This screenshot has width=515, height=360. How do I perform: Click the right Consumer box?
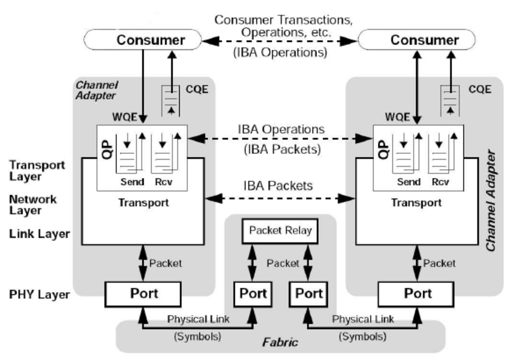pos(424,41)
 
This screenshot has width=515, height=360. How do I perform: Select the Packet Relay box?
pos(280,231)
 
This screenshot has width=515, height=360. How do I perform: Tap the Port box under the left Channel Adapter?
pos(144,293)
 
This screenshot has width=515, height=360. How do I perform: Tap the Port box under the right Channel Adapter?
pos(417,293)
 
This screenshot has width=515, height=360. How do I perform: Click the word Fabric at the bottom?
pos(280,342)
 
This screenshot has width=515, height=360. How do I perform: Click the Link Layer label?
pos(39,234)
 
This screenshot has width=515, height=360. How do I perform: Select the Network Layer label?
pos(33,205)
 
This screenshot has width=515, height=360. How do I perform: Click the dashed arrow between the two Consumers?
pos(279,41)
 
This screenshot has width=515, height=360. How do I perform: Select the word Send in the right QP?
pos(408,181)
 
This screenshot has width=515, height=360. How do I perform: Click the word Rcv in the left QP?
pos(162,181)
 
